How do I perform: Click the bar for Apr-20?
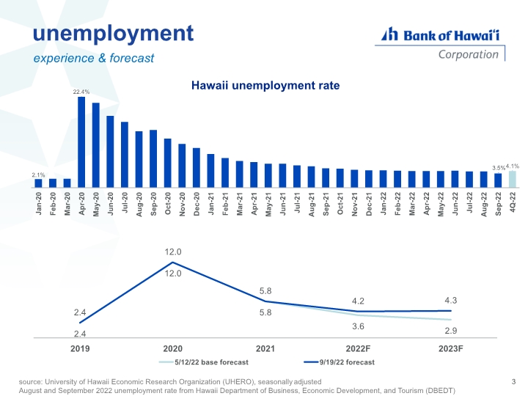click(81, 142)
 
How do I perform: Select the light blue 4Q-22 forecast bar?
click(512, 179)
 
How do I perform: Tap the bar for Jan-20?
click(38, 183)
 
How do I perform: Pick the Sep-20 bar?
click(153, 158)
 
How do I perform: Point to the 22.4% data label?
click(81, 92)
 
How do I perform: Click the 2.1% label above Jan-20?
click(38, 175)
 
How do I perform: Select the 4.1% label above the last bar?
click(513, 166)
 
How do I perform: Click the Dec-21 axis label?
click(369, 204)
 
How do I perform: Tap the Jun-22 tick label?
click(455, 204)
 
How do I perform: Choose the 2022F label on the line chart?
click(358, 348)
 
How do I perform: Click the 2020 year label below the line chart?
click(173, 348)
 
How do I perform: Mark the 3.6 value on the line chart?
click(358, 326)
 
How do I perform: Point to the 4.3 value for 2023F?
click(450, 301)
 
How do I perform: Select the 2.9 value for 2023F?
click(450, 331)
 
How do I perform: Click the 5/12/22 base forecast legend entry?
click(204, 362)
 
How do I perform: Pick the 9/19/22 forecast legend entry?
click(339, 362)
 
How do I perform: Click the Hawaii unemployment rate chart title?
click(265, 86)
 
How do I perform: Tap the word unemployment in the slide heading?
click(113, 34)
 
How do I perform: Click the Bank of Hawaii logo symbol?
click(389, 34)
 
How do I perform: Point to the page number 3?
click(513, 381)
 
